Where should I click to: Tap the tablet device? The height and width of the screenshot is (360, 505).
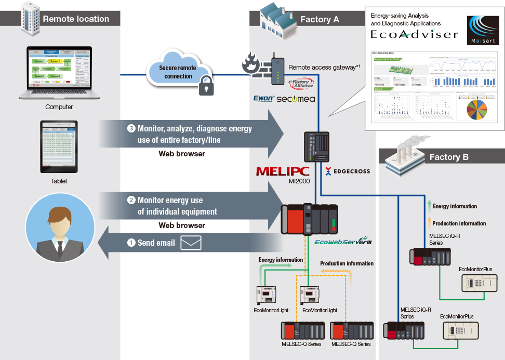point(59,147)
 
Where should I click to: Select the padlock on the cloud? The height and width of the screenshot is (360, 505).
point(206,86)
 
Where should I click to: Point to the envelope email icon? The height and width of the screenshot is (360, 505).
point(191,243)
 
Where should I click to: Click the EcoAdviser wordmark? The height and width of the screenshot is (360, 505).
point(414,35)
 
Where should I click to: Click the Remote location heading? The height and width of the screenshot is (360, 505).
point(76,19)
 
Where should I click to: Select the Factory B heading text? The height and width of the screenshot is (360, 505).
point(449,157)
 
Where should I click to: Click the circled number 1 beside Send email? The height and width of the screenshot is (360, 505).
point(131,243)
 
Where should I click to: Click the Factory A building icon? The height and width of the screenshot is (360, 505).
point(275,17)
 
